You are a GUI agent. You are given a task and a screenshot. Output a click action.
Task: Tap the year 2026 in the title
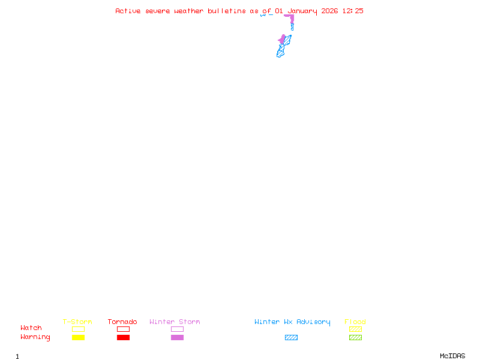[x=330, y=11]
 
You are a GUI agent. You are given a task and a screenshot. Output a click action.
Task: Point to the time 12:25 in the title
[x=353, y=11]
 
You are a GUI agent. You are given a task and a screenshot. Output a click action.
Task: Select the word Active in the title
[x=128, y=11]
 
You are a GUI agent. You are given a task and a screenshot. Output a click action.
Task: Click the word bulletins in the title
[x=227, y=11]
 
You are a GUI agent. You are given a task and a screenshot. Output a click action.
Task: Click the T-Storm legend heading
[x=77, y=322]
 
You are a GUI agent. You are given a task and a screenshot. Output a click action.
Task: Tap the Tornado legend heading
[x=122, y=322]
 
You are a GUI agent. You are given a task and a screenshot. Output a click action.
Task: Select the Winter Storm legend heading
[x=175, y=322]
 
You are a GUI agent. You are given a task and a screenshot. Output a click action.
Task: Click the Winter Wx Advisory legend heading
[x=292, y=322]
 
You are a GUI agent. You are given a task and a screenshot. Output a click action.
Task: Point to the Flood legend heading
[x=355, y=322]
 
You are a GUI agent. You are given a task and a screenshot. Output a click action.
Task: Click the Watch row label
[x=31, y=328]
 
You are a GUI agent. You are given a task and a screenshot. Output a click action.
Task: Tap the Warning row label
[x=35, y=337]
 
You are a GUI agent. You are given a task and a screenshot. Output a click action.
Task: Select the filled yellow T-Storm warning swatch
[x=78, y=338]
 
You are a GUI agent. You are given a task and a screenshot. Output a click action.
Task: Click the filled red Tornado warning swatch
[x=123, y=338]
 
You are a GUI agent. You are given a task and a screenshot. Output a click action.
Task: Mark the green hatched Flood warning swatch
[x=355, y=338]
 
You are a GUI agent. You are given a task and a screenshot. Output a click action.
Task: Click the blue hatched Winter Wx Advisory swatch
[x=291, y=338]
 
